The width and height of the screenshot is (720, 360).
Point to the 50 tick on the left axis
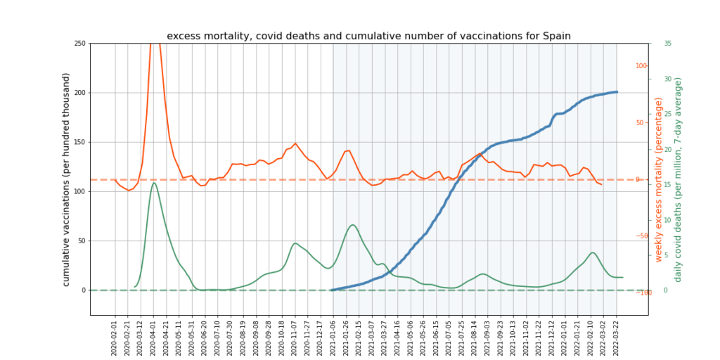81,240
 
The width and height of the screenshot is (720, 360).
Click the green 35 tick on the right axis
667,44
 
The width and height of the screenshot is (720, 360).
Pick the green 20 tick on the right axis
667,149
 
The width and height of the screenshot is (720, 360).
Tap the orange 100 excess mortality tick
641,66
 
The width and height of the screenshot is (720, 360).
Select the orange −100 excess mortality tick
640,292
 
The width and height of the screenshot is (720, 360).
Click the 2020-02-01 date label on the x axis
115,336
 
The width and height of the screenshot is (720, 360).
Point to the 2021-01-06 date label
334,336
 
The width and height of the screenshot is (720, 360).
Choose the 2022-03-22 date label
617,336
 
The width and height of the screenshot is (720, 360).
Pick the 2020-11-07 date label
295,336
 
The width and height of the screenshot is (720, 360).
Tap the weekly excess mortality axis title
659,180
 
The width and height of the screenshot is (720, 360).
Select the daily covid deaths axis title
679,180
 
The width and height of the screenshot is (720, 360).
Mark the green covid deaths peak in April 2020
154,183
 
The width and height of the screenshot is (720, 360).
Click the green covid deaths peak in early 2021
353,225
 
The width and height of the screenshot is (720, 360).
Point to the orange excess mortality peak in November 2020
295,143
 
